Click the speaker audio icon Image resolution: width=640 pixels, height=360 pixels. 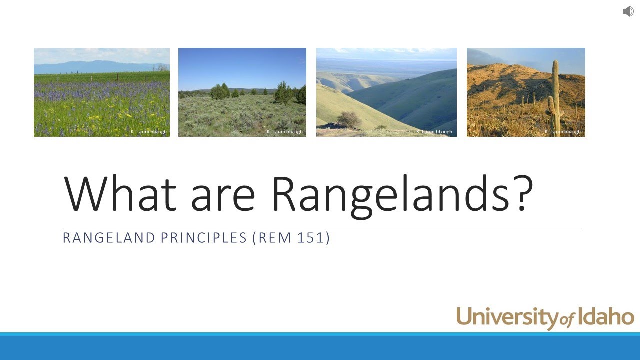(x=628, y=11)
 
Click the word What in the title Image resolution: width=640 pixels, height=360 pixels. (x=120, y=193)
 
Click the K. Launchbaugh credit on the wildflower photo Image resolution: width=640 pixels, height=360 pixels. (x=148, y=132)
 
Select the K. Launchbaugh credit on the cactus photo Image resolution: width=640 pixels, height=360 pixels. (x=563, y=132)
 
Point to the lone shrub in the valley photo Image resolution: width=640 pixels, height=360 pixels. (x=349, y=119)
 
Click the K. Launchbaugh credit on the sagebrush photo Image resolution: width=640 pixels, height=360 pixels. (x=285, y=132)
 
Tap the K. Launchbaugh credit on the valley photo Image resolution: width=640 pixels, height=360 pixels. (x=434, y=132)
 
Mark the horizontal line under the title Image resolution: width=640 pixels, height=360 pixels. (x=322, y=228)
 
